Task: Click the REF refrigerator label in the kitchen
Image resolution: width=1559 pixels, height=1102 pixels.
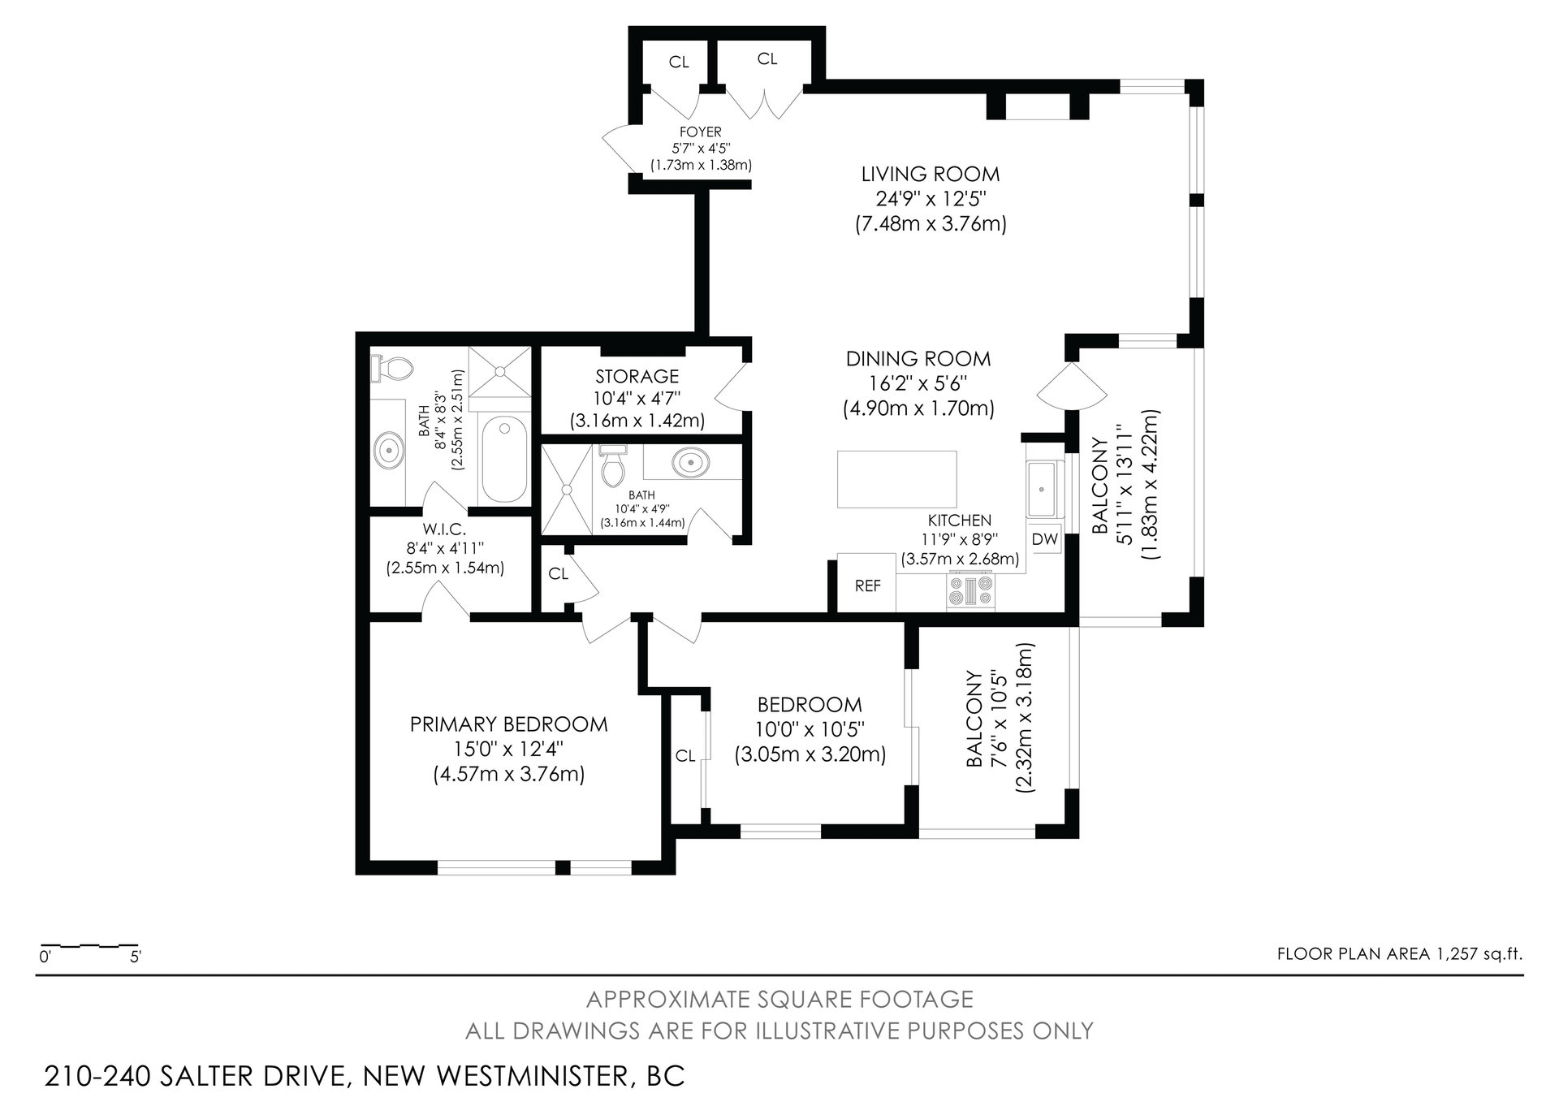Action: [867, 586]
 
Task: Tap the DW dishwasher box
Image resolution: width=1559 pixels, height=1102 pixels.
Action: [1044, 539]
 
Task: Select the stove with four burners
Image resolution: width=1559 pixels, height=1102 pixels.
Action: [971, 592]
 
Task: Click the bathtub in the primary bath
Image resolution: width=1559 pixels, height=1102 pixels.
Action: [503, 460]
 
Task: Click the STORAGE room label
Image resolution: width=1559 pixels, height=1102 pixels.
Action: [637, 377]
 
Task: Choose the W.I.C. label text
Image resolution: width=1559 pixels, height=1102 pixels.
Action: [445, 529]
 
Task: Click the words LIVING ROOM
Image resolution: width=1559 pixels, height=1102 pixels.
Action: [931, 174]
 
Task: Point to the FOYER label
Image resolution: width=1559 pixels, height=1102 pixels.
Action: [701, 132]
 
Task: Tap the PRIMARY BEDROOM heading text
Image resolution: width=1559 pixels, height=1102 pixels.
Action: [509, 724]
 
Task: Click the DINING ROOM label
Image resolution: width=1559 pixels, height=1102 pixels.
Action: [918, 359]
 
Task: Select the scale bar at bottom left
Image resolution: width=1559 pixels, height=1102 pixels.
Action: [89, 946]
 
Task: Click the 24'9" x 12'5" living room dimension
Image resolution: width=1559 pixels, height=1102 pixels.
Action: [931, 199]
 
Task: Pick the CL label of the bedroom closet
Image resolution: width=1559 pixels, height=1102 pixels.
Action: [685, 756]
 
